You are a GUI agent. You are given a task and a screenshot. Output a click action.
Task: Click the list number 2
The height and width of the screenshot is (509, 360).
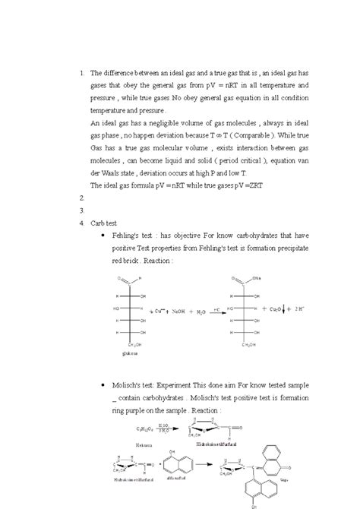[82, 196]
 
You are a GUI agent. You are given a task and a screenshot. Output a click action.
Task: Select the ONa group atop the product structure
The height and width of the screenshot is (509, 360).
[257, 277]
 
